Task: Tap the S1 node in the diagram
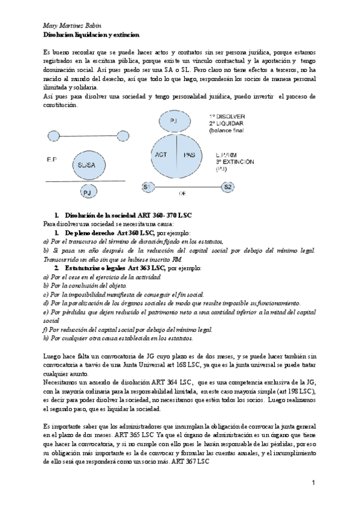(x=146, y=188)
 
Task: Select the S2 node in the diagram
(x=227, y=188)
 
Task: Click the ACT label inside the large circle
(x=161, y=154)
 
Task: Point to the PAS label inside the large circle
(x=188, y=154)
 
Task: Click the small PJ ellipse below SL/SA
(x=88, y=193)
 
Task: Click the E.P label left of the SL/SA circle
(x=50, y=160)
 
